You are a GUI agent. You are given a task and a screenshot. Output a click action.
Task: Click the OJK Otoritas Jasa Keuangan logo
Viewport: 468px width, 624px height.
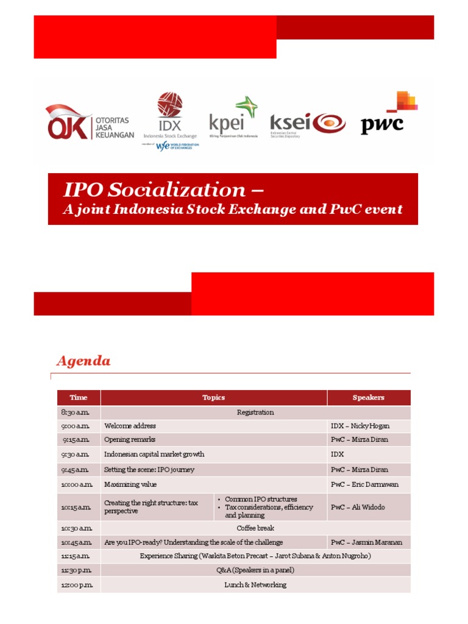tap(89, 122)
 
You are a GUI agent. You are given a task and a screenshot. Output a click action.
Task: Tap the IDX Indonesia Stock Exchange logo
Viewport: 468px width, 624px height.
tap(170, 115)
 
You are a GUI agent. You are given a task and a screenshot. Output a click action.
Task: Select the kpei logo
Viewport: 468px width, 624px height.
tap(233, 117)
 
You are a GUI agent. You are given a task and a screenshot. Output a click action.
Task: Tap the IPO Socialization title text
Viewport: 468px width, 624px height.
tap(163, 190)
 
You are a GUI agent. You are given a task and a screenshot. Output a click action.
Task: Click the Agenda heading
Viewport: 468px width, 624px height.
tap(83, 361)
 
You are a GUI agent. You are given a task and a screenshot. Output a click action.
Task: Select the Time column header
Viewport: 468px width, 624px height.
tap(79, 398)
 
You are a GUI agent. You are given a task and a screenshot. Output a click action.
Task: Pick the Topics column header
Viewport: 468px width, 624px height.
tap(213, 398)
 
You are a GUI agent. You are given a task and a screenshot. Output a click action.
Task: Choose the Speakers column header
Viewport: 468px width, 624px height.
tap(368, 398)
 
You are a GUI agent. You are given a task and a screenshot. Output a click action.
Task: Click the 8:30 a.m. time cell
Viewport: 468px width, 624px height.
tap(75, 413)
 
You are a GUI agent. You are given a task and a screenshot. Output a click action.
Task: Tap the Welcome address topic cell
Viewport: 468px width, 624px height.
tap(130, 426)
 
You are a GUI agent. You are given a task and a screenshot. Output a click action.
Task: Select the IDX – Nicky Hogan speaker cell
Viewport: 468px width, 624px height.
tap(360, 426)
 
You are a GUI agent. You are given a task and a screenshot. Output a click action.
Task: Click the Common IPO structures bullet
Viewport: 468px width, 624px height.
tap(261, 499)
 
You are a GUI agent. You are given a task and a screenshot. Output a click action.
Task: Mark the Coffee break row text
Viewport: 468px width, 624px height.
tap(255, 528)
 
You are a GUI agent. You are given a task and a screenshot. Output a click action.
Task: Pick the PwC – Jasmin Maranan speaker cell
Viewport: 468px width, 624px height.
tap(366, 542)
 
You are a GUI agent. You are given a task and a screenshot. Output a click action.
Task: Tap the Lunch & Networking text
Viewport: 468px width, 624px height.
tap(255, 585)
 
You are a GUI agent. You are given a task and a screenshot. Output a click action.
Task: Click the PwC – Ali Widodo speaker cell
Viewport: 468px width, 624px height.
tap(358, 507)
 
